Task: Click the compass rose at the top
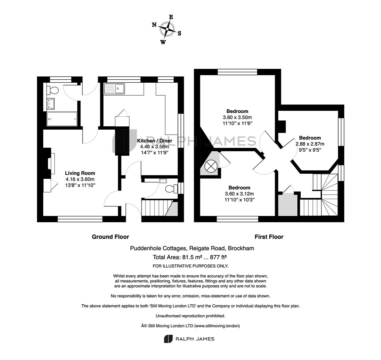[167, 30]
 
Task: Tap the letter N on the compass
[154, 25]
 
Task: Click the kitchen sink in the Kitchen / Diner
[115, 89]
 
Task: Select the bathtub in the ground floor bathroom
[62, 119]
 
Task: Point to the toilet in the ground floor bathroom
[53, 90]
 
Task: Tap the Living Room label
[80, 173]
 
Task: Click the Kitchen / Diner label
[155, 141]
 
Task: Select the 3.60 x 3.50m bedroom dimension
[237, 117]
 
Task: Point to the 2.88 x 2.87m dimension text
[310, 144]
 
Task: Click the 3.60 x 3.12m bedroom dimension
[239, 194]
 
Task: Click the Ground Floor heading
[110, 237]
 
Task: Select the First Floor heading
[269, 237]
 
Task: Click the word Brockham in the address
[240, 248]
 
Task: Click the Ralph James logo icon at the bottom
[168, 339]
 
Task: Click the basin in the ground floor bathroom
[51, 103]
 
